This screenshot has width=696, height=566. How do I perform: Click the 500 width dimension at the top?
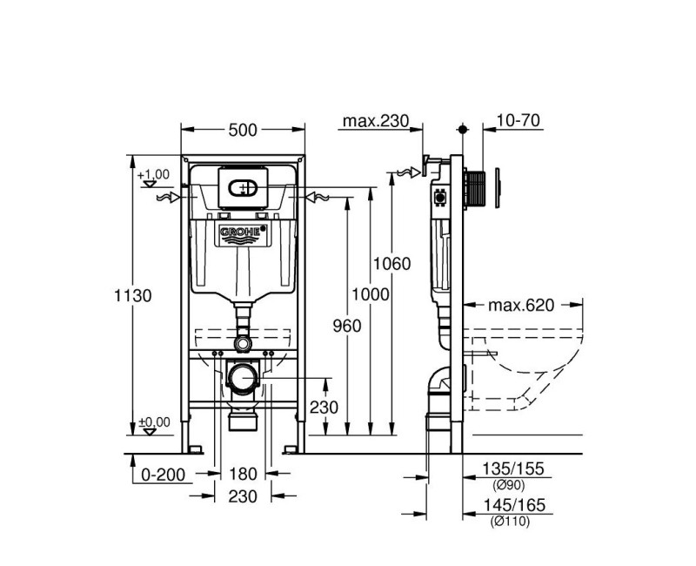(x=243, y=130)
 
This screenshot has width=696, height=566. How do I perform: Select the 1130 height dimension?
(x=133, y=295)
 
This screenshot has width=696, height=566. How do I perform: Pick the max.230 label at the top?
(x=375, y=121)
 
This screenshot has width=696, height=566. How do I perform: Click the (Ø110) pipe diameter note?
(x=508, y=521)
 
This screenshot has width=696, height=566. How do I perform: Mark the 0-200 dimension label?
(x=162, y=475)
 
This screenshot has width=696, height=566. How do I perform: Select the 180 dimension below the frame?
(x=244, y=475)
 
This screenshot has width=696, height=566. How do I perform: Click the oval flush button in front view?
(x=243, y=187)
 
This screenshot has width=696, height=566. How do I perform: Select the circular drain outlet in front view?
(x=243, y=379)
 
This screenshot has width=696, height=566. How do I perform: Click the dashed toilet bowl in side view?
(x=522, y=366)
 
